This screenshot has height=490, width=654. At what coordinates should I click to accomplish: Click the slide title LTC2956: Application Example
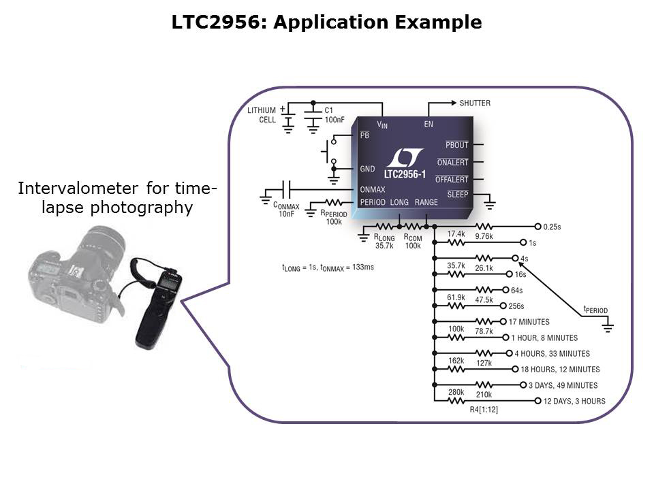click(326, 22)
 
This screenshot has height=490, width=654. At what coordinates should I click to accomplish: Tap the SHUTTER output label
click(474, 103)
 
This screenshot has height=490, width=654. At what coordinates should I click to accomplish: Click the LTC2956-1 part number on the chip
click(404, 175)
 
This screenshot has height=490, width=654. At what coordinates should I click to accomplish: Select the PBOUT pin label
click(456, 145)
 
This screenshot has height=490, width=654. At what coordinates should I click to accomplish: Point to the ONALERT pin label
click(452, 163)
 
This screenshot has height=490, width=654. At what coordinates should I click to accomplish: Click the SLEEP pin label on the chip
click(457, 194)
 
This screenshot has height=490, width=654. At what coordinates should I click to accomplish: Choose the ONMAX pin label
click(372, 190)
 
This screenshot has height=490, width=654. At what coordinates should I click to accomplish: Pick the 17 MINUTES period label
click(529, 322)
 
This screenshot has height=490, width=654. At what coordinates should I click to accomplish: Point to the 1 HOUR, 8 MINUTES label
click(544, 338)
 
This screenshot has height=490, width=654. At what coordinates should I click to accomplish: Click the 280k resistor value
click(456, 392)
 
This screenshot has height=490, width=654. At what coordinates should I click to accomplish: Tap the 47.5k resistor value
click(484, 299)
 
